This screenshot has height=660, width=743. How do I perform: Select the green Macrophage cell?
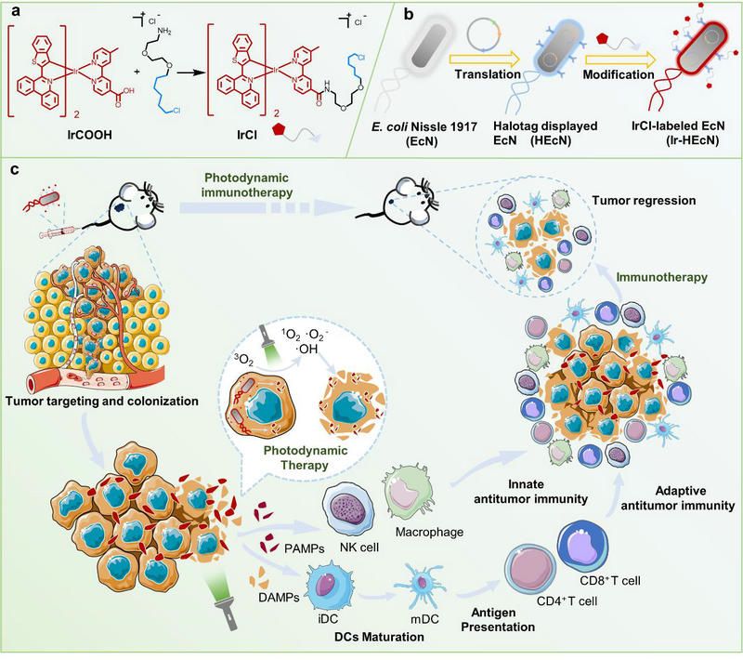coord(406,494)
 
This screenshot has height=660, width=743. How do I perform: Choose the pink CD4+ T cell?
coord(533,571)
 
